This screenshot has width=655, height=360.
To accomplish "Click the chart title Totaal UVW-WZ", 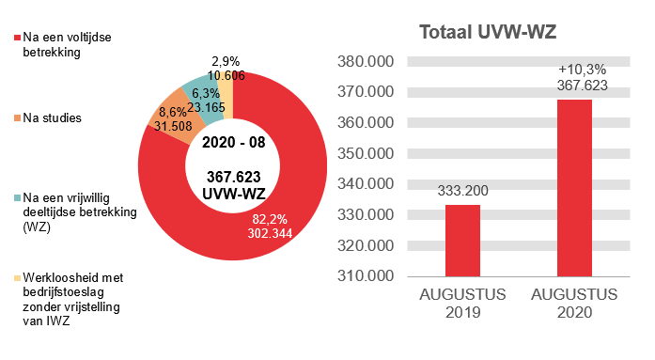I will pyautogui.click(x=488, y=33).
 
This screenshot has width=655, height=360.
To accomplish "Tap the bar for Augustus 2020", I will pyautogui.click(x=574, y=188).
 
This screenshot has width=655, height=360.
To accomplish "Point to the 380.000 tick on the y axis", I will pyautogui.click(x=366, y=62).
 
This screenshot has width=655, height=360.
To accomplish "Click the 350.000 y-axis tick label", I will pyautogui.click(x=366, y=154).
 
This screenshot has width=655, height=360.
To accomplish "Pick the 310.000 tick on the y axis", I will pyautogui.click(x=366, y=276).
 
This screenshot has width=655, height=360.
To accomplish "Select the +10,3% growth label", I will pyautogui.click(x=574, y=70).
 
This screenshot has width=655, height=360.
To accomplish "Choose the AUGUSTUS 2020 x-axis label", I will pyautogui.click(x=574, y=304).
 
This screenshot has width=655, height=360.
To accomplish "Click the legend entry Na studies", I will pyautogui.click(x=49, y=118).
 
